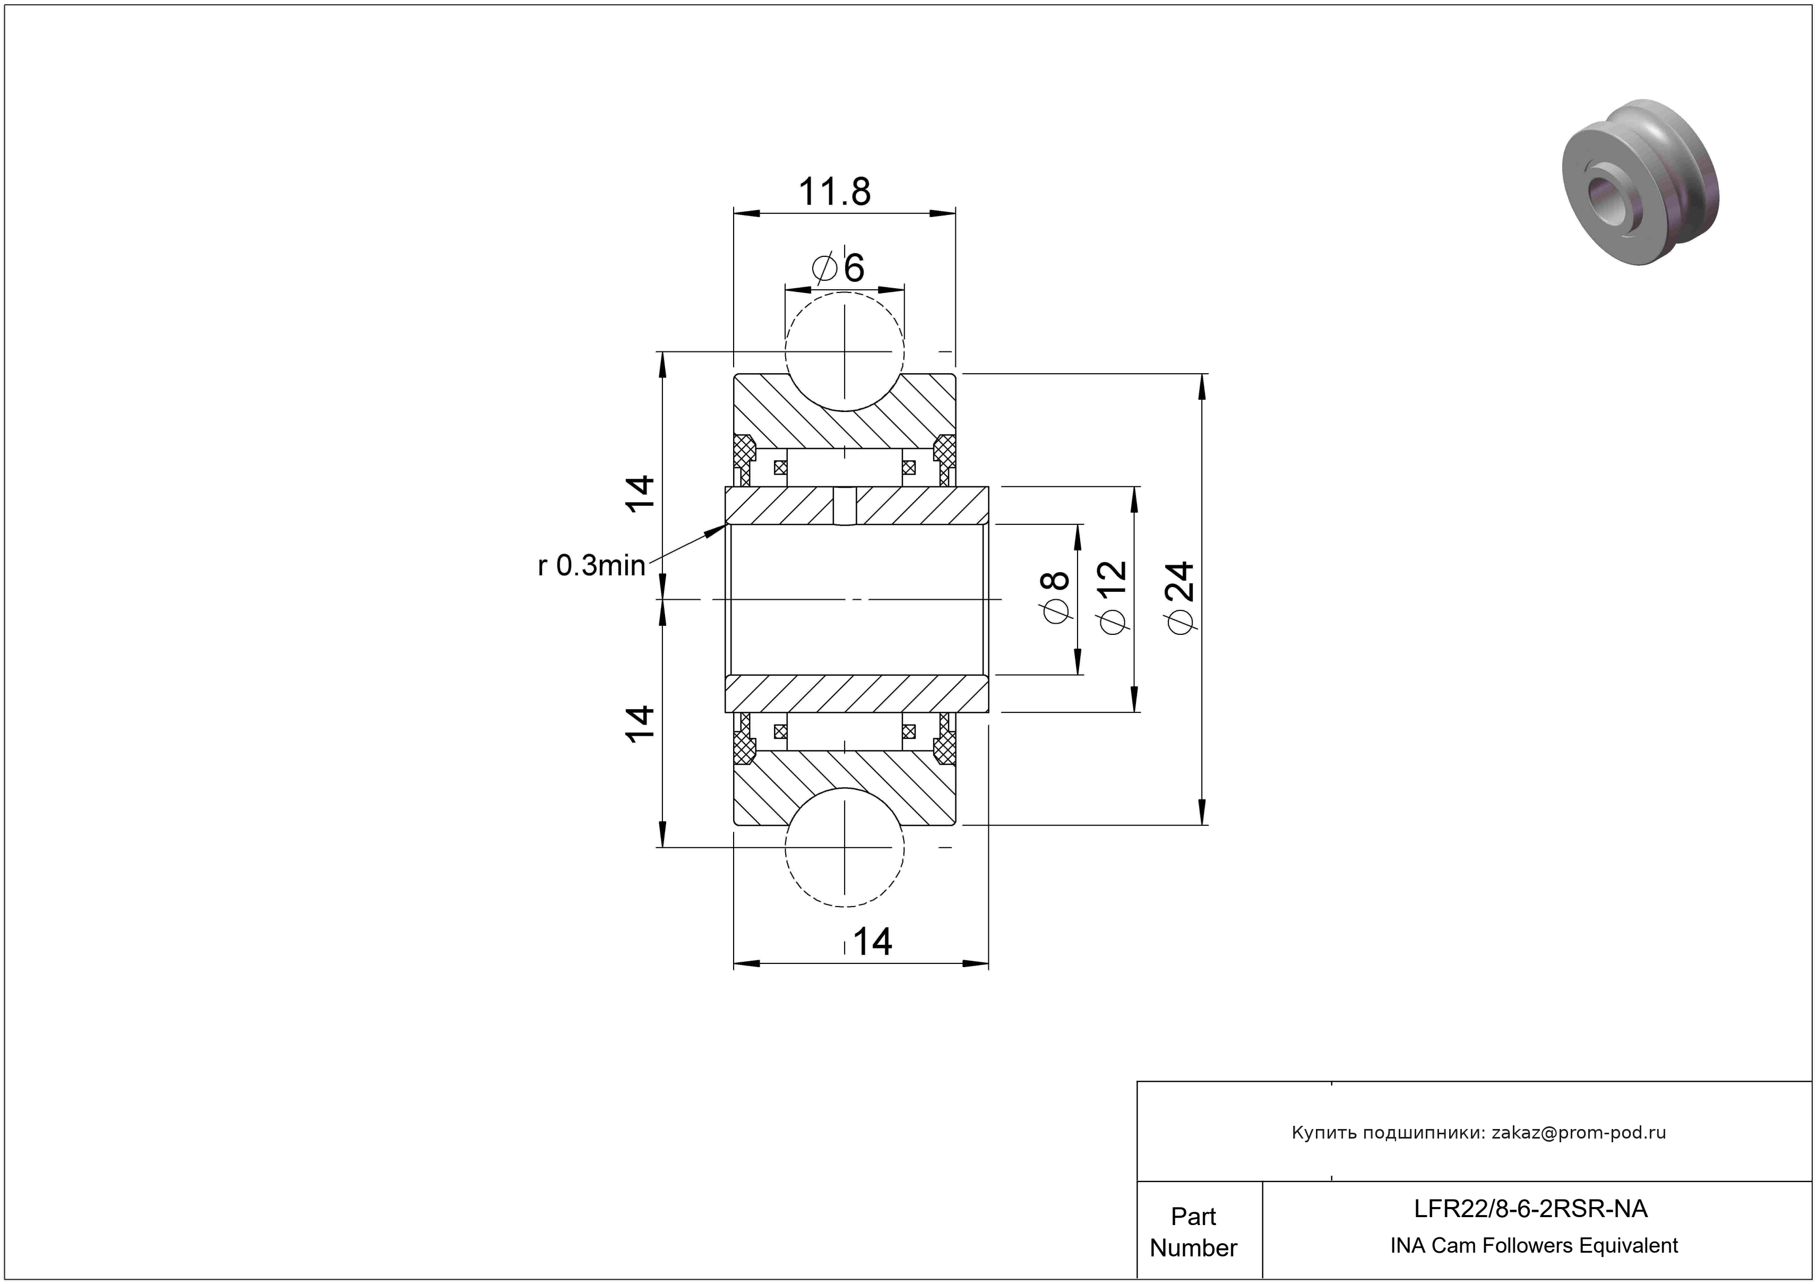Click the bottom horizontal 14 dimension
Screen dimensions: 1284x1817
click(872, 942)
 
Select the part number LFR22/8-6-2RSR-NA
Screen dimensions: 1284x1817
click(1530, 1209)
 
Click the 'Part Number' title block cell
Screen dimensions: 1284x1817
click(1193, 1232)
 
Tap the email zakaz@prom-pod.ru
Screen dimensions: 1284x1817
click(1578, 1133)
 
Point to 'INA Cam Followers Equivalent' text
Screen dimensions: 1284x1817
click(1534, 1246)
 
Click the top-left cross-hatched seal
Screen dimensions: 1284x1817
click(743, 453)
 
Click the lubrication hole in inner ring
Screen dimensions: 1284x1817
click(845, 505)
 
